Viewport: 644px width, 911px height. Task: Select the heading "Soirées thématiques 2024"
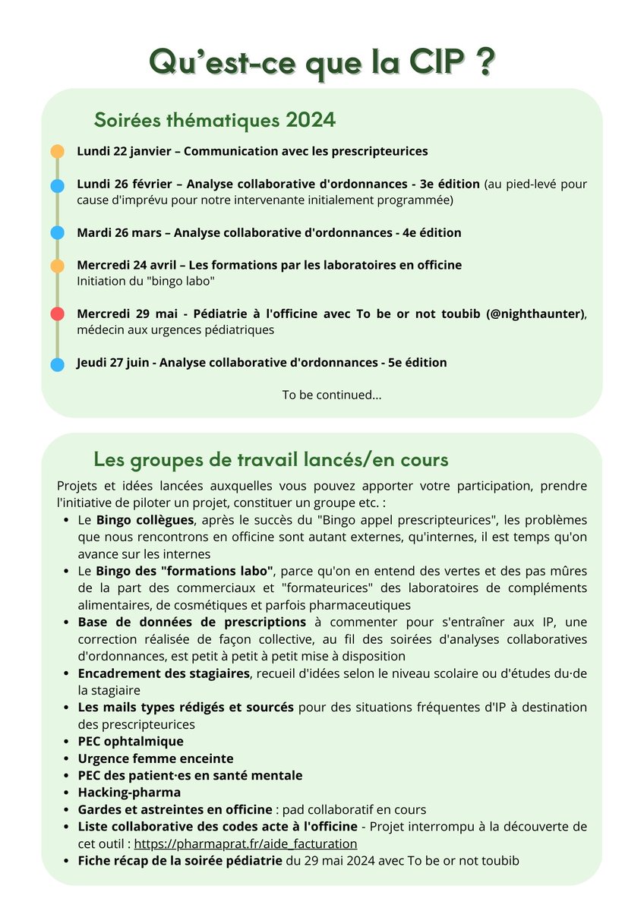tap(214, 120)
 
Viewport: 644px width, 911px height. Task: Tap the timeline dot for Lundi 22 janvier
tap(57, 151)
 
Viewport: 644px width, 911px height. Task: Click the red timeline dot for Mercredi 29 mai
tap(57, 314)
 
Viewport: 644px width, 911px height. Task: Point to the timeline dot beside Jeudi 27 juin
tap(57, 364)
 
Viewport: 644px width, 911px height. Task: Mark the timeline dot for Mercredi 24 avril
tap(57, 266)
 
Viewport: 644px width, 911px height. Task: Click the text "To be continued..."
tap(332, 395)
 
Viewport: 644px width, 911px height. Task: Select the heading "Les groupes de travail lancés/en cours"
tap(270, 459)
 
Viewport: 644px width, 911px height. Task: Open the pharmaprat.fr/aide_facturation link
tap(245, 843)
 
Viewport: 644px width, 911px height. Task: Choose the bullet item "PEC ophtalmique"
tap(130, 741)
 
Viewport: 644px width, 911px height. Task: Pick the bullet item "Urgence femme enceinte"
tap(155, 758)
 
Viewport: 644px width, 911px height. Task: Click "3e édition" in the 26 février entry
tap(448, 184)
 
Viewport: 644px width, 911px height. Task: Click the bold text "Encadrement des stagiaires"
tap(163, 673)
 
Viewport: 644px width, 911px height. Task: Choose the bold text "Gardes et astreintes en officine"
tap(175, 809)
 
